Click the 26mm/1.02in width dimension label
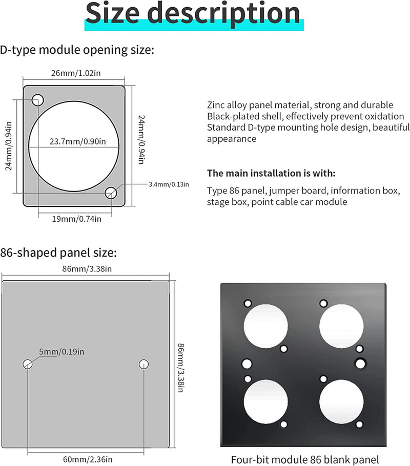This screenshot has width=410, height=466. click(75, 73)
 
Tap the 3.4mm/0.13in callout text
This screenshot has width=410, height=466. click(169, 184)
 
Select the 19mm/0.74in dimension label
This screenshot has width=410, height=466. click(75, 219)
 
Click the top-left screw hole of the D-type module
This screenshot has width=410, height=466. click(37, 100)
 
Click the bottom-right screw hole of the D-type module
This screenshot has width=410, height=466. click(111, 193)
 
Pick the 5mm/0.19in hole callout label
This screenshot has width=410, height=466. click(61, 351)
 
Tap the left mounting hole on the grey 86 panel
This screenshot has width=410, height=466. click(28, 364)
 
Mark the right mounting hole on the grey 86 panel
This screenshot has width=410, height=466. click(143, 364)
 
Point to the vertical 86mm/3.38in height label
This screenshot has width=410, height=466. click(180, 368)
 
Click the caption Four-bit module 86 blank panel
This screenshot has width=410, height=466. click(304, 459)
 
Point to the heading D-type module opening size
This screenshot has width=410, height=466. click(77, 50)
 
